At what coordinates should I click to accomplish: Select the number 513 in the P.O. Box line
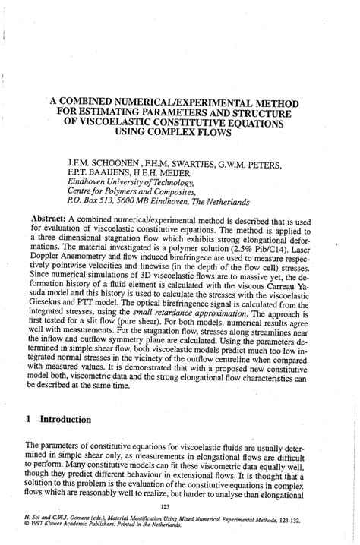(113, 203)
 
